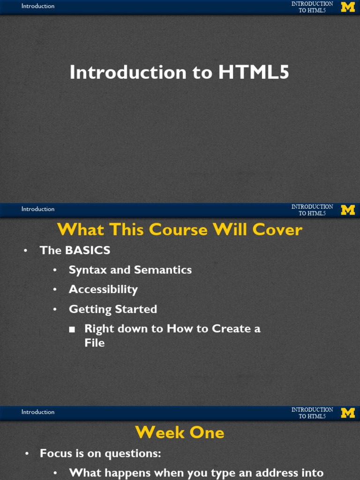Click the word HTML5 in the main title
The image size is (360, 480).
(x=254, y=73)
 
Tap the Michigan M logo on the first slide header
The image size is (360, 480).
(x=348, y=7)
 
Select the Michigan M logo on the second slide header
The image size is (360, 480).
(x=348, y=210)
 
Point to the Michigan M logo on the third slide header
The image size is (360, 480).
(x=348, y=413)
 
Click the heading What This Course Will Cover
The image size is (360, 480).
(x=180, y=230)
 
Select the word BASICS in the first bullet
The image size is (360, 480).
(x=88, y=250)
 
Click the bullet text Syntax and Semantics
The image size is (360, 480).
(x=130, y=270)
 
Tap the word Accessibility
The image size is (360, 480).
(x=103, y=290)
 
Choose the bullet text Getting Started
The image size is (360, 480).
(x=112, y=309)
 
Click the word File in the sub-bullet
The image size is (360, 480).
(x=94, y=343)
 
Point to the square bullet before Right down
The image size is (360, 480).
(x=72, y=330)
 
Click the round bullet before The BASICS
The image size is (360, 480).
(x=26, y=251)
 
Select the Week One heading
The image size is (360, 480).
(x=180, y=433)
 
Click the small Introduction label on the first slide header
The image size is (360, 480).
(x=38, y=6)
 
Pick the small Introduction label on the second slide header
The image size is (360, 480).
(x=38, y=209)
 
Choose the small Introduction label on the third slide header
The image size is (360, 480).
(x=38, y=412)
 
